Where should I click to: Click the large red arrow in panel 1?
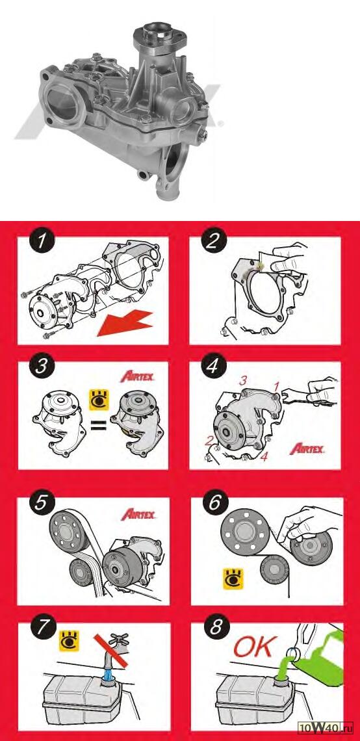click(123, 323)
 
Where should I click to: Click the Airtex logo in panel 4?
click(307, 448)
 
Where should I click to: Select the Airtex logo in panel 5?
click(138, 513)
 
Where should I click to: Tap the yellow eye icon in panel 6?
click(233, 578)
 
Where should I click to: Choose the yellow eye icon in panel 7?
click(68, 640)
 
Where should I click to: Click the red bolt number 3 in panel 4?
click(244, 380)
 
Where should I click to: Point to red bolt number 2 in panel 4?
click(209, 441)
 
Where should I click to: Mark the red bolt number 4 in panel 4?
click(264, 456)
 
